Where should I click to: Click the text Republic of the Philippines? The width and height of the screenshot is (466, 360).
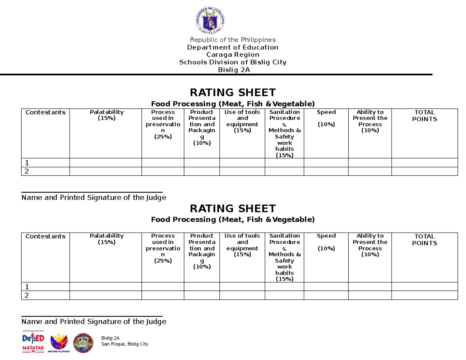(x=232, y=40)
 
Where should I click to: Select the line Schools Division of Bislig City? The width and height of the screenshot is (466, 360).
(x=232, y=62)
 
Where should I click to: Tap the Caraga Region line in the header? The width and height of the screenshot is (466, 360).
(x=232, y=55)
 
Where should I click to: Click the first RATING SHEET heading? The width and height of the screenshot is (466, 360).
(x=232, y=92)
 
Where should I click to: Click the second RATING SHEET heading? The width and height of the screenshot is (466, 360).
(x=232, y=208)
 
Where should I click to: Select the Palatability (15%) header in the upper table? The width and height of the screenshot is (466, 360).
(x=106, y=115)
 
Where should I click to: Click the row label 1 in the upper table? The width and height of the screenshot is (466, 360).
(x=27, y=163)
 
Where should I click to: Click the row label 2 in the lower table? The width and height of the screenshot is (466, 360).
(x=27, y=296)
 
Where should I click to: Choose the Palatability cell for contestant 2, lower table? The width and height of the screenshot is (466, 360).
(x=106, y=296)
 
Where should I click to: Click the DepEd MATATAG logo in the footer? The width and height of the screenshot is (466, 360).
(x=33, y=342)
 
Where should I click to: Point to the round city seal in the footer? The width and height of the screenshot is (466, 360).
(x=83, y=343)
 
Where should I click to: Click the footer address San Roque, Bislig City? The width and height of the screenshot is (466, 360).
(x=124, y=344)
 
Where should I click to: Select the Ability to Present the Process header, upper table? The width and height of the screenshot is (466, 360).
(x=370, y=121)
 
